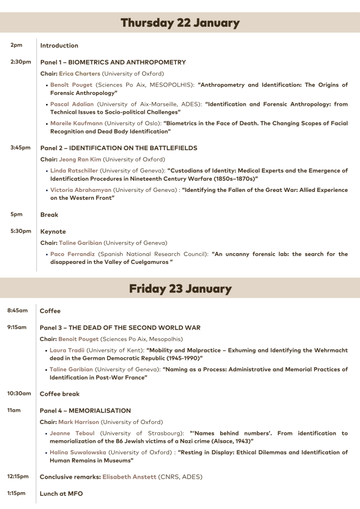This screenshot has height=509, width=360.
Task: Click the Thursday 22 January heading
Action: tap(180, 23)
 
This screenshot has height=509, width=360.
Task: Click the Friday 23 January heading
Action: tap(180, 289)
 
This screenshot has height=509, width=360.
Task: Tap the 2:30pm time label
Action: tap(21, 62)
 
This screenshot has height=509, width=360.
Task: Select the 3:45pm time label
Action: tap(21, 148)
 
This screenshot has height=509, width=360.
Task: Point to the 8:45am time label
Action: tap(17, 311)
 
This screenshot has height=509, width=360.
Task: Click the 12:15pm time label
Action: tap(18, 477)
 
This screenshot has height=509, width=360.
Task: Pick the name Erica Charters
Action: tap(80, 74)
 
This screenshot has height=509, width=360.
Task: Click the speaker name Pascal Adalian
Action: tap(72, 104)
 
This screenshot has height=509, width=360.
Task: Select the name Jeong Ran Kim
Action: tap(80, 160)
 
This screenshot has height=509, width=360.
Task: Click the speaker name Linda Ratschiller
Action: tap(74, 170)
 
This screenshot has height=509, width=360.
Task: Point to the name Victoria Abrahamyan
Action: tap(81, 190)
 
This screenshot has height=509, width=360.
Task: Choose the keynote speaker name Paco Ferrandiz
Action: tap(73, 254)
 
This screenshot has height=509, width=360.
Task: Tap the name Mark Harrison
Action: tap(79, 422)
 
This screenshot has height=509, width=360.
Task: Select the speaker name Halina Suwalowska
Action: tap(78, 452)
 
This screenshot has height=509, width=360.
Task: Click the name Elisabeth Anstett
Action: tap(129, 477)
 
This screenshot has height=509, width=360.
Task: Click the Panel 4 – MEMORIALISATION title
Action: tap(85, 411)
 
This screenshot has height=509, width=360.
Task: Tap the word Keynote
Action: tap(53, 232)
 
